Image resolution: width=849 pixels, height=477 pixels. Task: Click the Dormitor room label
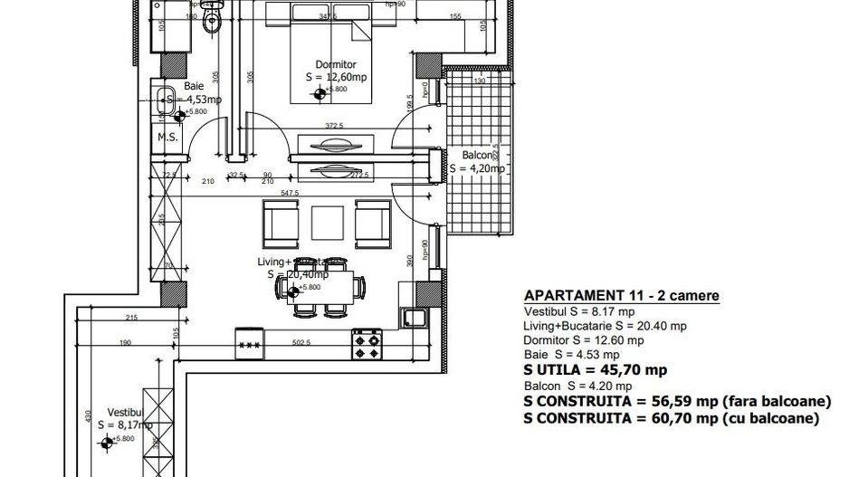[x=335, y=64]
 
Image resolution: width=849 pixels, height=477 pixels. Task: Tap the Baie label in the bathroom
[x=193, y=86]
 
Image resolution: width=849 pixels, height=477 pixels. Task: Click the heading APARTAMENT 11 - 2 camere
[x=622, y=296]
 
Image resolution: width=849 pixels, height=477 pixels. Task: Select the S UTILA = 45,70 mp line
[x=595, y=370]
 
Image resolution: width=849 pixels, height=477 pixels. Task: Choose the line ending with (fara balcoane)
[x=676, y=401]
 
